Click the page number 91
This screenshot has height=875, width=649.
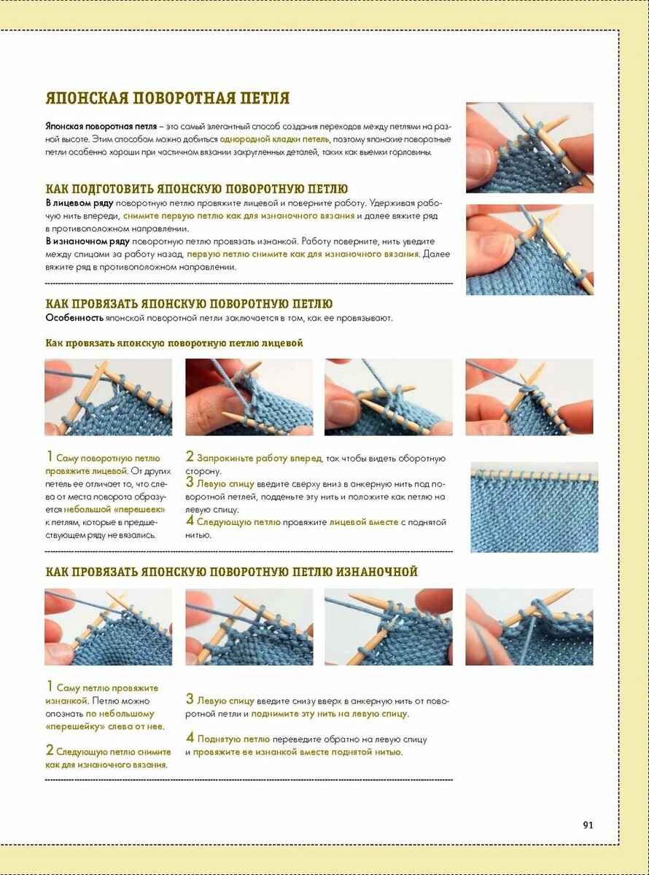click(x=588, y=825)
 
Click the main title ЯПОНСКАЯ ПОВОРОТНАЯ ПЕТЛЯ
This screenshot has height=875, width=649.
click(x=168, y=98)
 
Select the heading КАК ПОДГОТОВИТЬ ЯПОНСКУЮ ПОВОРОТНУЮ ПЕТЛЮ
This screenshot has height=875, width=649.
click(x=196, y=189)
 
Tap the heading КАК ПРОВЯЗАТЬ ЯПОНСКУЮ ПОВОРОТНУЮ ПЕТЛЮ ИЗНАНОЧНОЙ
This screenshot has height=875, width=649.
click(x=231, y=572)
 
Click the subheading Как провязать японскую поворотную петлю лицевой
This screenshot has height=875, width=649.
click(x=174, y=343)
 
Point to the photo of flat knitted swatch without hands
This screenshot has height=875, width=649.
click(x=534, y=507)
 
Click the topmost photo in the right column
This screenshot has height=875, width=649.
click(x=529, y=147)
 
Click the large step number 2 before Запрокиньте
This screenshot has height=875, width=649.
click(x=190, y=457)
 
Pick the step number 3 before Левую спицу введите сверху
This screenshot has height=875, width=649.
click(x=190, y=482)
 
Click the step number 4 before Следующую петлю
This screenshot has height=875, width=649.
click(x=190, y=521)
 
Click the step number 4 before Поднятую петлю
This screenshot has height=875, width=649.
click(x=190, y=737)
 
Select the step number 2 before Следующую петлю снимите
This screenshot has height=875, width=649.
click(x=50, y=750)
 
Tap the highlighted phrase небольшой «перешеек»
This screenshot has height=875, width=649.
click(x=114, y=509)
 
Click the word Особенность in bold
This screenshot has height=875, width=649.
click(x=73, y=318)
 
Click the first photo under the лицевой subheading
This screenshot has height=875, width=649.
click(x=108, y=397)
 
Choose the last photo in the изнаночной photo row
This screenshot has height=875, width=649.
click(x=529, y=627)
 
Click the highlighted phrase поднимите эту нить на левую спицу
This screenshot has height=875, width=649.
click(x=330, y=714)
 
